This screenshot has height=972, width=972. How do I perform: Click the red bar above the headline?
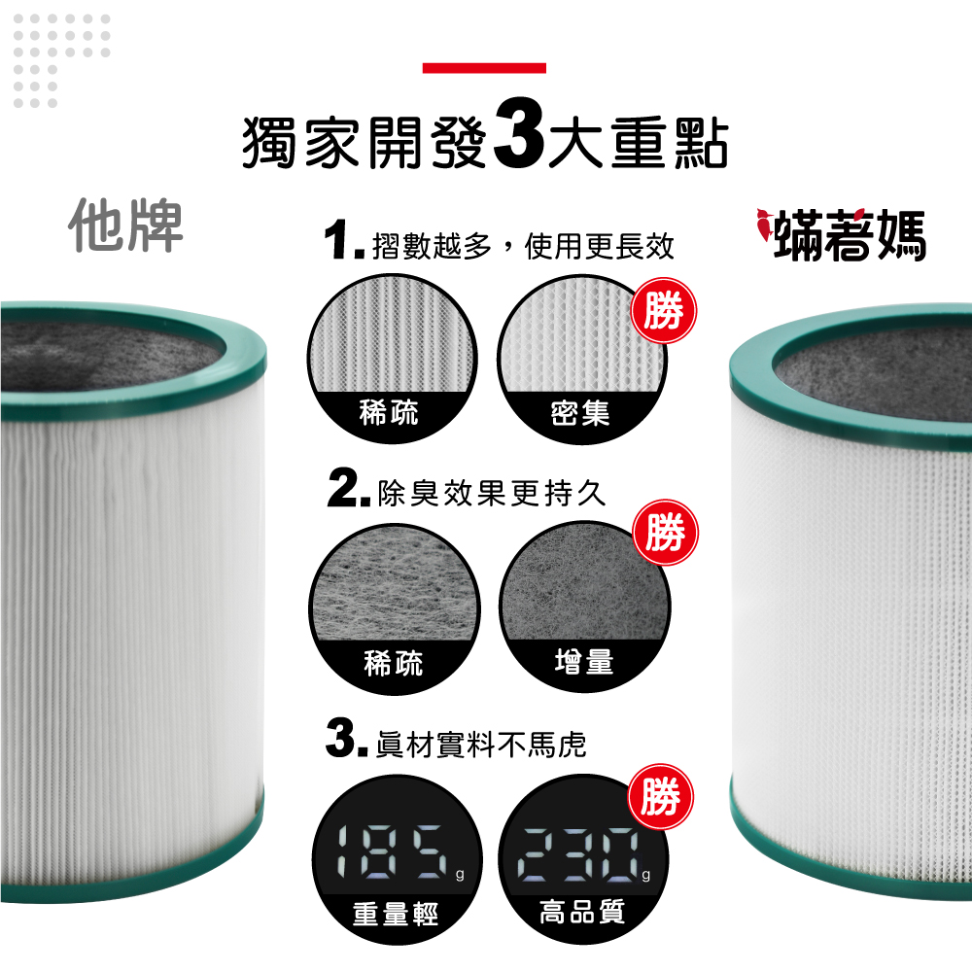pos(484,68)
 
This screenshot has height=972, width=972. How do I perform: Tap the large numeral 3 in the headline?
pos(519,134)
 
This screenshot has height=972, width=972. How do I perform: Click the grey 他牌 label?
pos(125,226)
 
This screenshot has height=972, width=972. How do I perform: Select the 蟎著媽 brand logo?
pos(841,234)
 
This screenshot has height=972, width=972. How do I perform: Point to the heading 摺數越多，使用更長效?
pos(523,246)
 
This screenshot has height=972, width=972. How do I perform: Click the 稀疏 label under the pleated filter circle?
pos(390,413)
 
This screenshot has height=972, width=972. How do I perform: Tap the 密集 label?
pos(580,413)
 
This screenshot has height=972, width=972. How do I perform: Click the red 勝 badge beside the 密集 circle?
pos(664,311)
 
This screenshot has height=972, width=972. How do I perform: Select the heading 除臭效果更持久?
pos(491,494)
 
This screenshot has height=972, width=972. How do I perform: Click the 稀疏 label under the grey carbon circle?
pos(394,664)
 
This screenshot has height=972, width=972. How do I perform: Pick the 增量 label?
pos(584,661)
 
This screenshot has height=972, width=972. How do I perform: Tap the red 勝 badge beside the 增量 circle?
pos(665,533)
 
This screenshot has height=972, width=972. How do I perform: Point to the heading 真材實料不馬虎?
pos(481,745)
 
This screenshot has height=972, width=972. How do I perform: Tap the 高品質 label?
pos(582,912)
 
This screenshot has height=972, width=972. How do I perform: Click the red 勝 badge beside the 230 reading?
pos(661,797)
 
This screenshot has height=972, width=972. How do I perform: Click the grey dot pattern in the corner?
pos(61,60)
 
